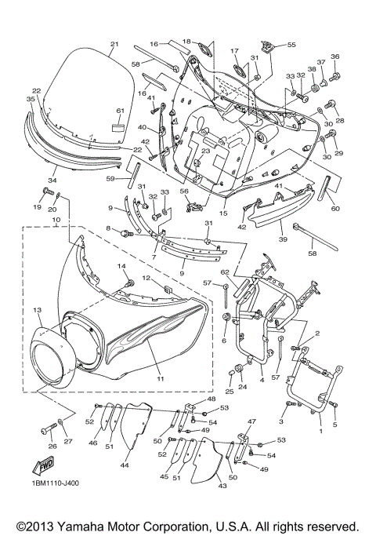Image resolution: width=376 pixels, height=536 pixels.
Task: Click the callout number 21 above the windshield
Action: (x=114, y=44)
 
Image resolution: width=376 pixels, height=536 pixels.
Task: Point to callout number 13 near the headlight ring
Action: (x=36, y=311)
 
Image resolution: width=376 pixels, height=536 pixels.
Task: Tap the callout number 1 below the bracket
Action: (x=320, y=431)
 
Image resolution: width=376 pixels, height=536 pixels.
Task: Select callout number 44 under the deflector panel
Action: (x=124, y=465)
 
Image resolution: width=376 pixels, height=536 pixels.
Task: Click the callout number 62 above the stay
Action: (x=224, y=272)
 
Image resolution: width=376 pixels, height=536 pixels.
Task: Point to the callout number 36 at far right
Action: (x=334, y=57)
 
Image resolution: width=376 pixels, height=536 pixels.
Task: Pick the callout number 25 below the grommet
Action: (x=230, y=391)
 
